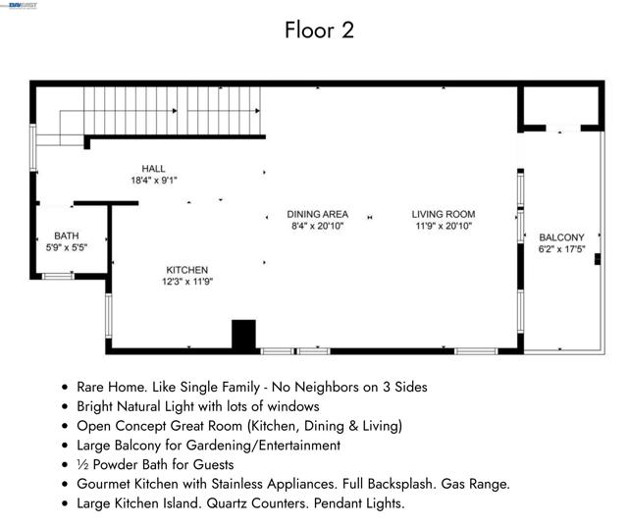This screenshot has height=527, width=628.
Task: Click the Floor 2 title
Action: coord(319,30)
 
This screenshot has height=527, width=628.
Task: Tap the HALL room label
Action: coord(153,169)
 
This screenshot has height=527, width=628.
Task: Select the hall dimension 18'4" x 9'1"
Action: coord(154,181)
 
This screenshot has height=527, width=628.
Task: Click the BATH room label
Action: coord(67,236)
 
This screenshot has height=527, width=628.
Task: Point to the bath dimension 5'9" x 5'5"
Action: coord(67,247)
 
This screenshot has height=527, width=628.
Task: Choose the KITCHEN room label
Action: coord(187,270)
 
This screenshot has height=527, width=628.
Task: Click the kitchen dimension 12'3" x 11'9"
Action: coord(187,282)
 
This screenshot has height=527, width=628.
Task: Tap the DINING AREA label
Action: coord(318,214)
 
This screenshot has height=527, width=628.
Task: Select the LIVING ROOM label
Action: coord(444,214)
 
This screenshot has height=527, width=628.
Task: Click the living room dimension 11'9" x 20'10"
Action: coord(444,226)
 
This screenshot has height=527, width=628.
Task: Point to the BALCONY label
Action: coord(561,237)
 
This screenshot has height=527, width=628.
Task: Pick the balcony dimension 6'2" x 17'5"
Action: coord(561,249)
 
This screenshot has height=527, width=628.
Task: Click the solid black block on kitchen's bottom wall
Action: coord(244,335)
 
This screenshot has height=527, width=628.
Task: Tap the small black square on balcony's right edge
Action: coord(598,259)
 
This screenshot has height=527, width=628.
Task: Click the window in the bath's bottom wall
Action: coord(58,276)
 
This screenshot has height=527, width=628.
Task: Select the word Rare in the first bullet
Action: coord(91,387)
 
